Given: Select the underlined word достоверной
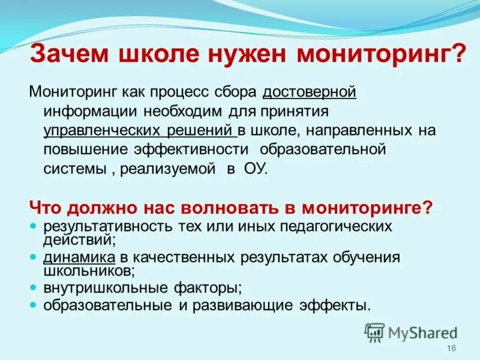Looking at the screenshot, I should click(x=310, y=92).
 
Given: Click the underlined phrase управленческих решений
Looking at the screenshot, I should click(x=139, y=130).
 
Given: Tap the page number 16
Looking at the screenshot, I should click(x=452, y=349).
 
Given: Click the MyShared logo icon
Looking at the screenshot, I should click(x=374, y=332).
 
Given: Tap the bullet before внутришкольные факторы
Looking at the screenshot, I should click(x=34, y=287).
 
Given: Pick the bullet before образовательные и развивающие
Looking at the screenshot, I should click(x=34, y=305).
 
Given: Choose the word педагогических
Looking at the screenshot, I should click(x=334, y=227).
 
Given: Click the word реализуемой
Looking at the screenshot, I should click(x=167, y=169).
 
